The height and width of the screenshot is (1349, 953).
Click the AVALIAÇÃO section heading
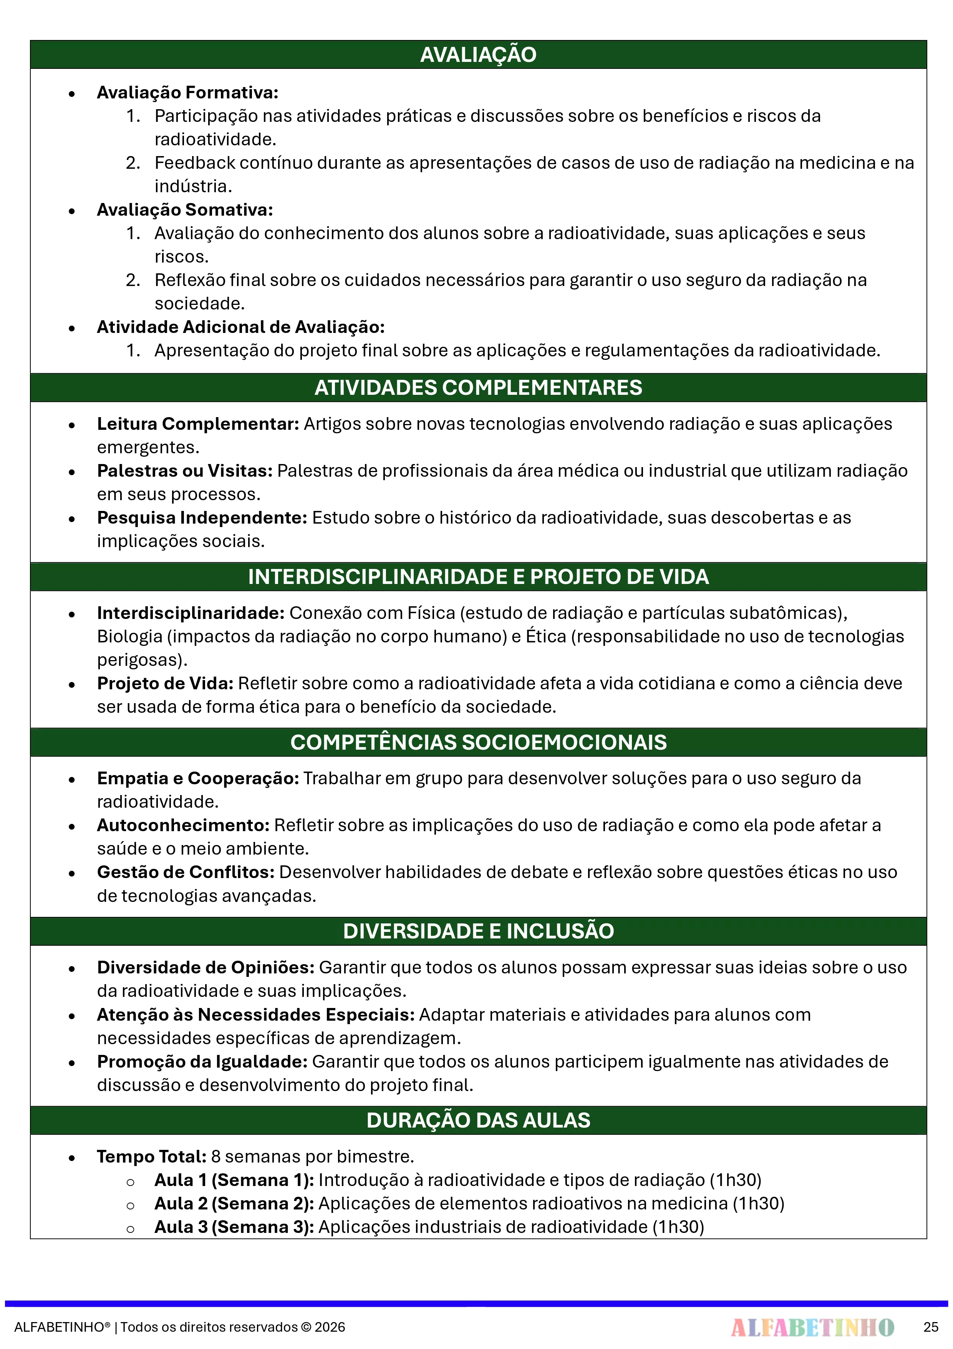(x=478, y=55)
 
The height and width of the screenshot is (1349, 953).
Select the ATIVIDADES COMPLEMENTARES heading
(x=478, y=388)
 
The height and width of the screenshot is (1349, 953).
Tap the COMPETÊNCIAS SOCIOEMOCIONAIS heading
(x=478, y=742)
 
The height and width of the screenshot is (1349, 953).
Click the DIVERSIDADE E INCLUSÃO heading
(x=478, y=931)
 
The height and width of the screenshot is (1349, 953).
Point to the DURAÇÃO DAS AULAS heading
(x=478, y=1120)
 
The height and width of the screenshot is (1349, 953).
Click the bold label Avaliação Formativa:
(x=187, y=92)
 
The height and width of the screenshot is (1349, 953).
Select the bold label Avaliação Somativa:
(x=184, y=210)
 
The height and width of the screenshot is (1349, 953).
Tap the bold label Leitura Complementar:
(x=198, y=424)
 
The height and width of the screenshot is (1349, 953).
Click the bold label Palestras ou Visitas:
(x=184, y=471)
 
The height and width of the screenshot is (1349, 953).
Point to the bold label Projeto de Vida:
(x=165, y=683)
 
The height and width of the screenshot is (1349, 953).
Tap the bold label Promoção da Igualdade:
(x=202, y=1062)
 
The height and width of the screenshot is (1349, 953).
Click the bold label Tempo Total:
(x=151, y=1156)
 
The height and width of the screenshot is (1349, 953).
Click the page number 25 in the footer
(x=931, y=1327)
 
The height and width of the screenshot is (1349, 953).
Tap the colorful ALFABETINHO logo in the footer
(x=812, y=1327)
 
